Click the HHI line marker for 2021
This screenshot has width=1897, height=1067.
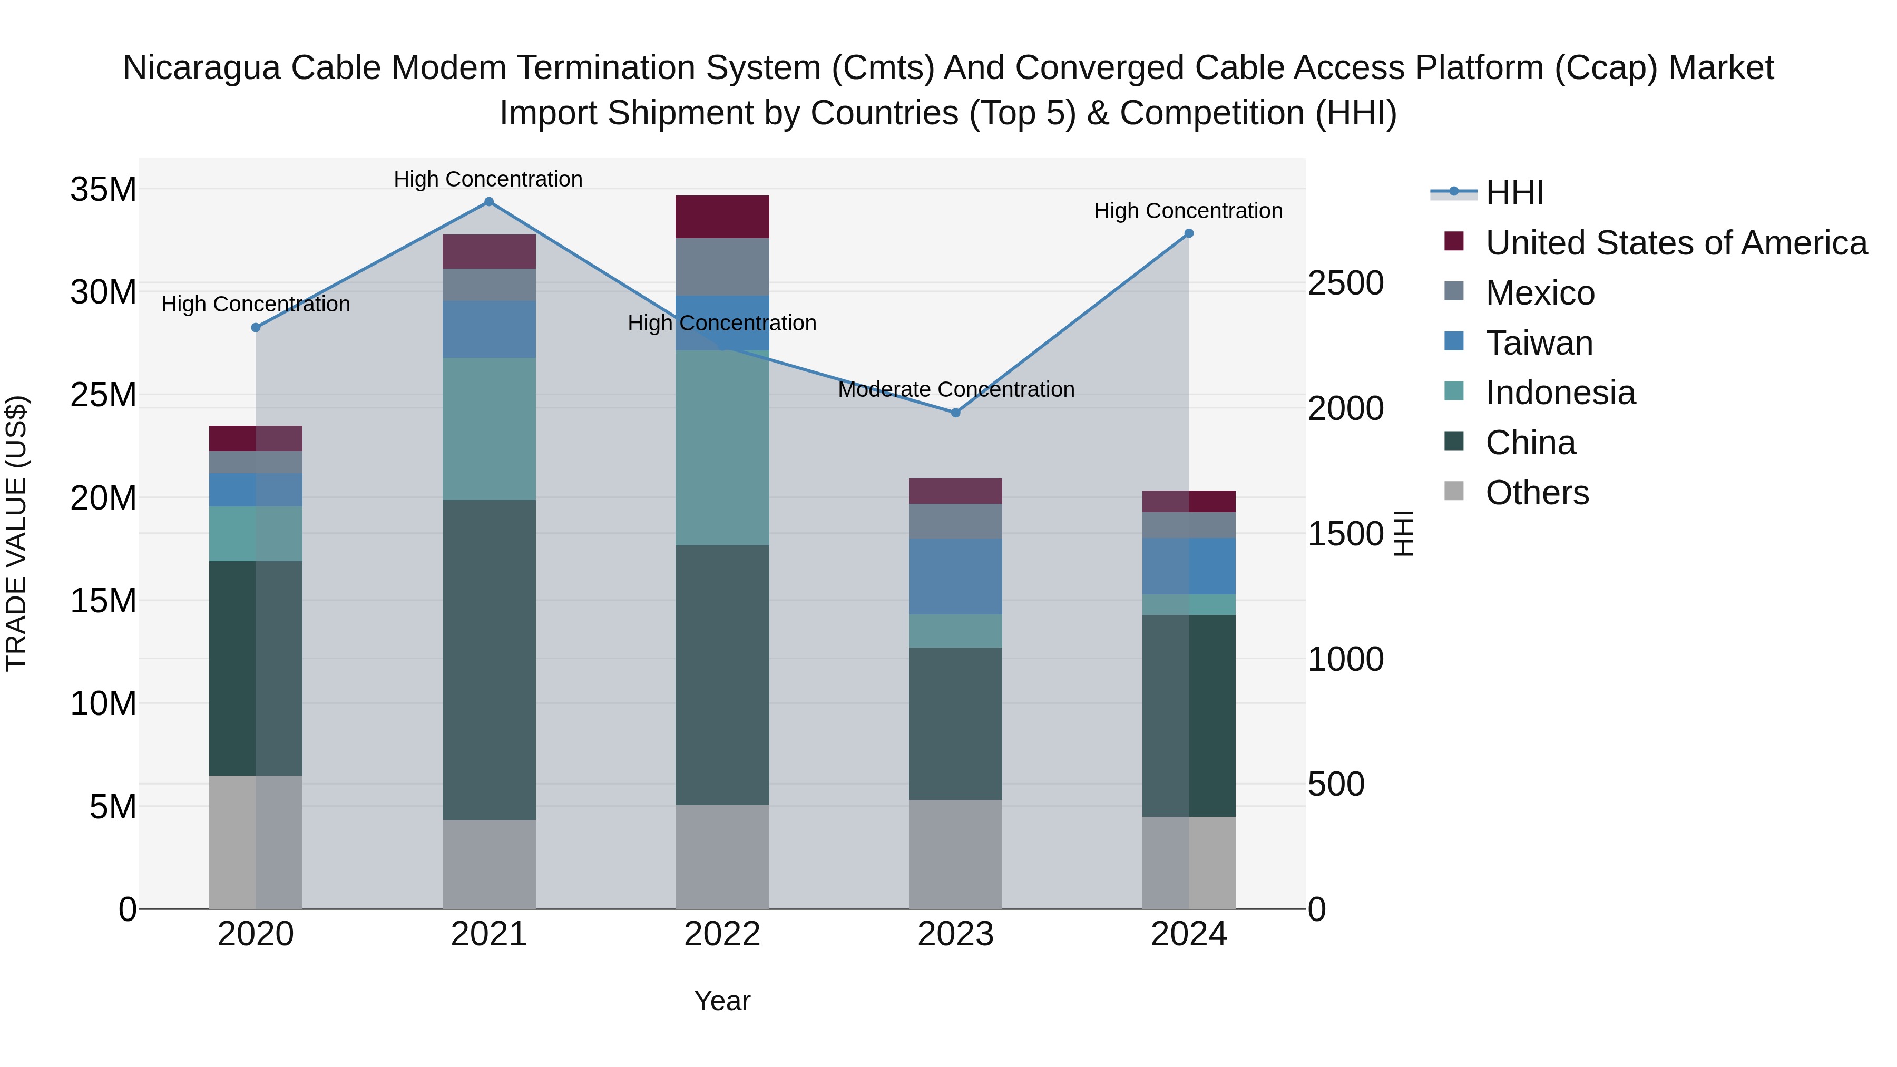[x=489, y=202]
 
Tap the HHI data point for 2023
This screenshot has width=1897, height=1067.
[x=956, y=413]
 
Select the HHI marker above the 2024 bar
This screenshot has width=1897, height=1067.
[x=1189, y=233]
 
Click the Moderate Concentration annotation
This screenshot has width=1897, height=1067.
[x=956, y=389]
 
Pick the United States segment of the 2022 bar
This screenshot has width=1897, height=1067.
[x=722, y=217]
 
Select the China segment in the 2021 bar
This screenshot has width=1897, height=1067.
[x=489, y=659]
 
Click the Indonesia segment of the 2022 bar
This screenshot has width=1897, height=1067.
[x=722, y=448]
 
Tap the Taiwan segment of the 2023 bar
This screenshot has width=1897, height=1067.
[x=956, y=576]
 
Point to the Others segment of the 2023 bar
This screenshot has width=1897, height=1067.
[x=956, y=854]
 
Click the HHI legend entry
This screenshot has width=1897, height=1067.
[x=1513, y=193]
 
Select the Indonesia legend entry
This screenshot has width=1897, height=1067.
[x=1560, y=393]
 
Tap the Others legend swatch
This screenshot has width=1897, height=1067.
[x=1454, y=491]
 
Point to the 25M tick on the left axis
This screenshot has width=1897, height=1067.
[x=103, y=395]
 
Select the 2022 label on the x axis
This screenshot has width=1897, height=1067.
[x=722, y=934]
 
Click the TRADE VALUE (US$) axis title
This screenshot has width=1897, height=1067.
[x=16, y=533]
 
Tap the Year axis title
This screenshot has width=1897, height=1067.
[x=722, y=1001]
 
